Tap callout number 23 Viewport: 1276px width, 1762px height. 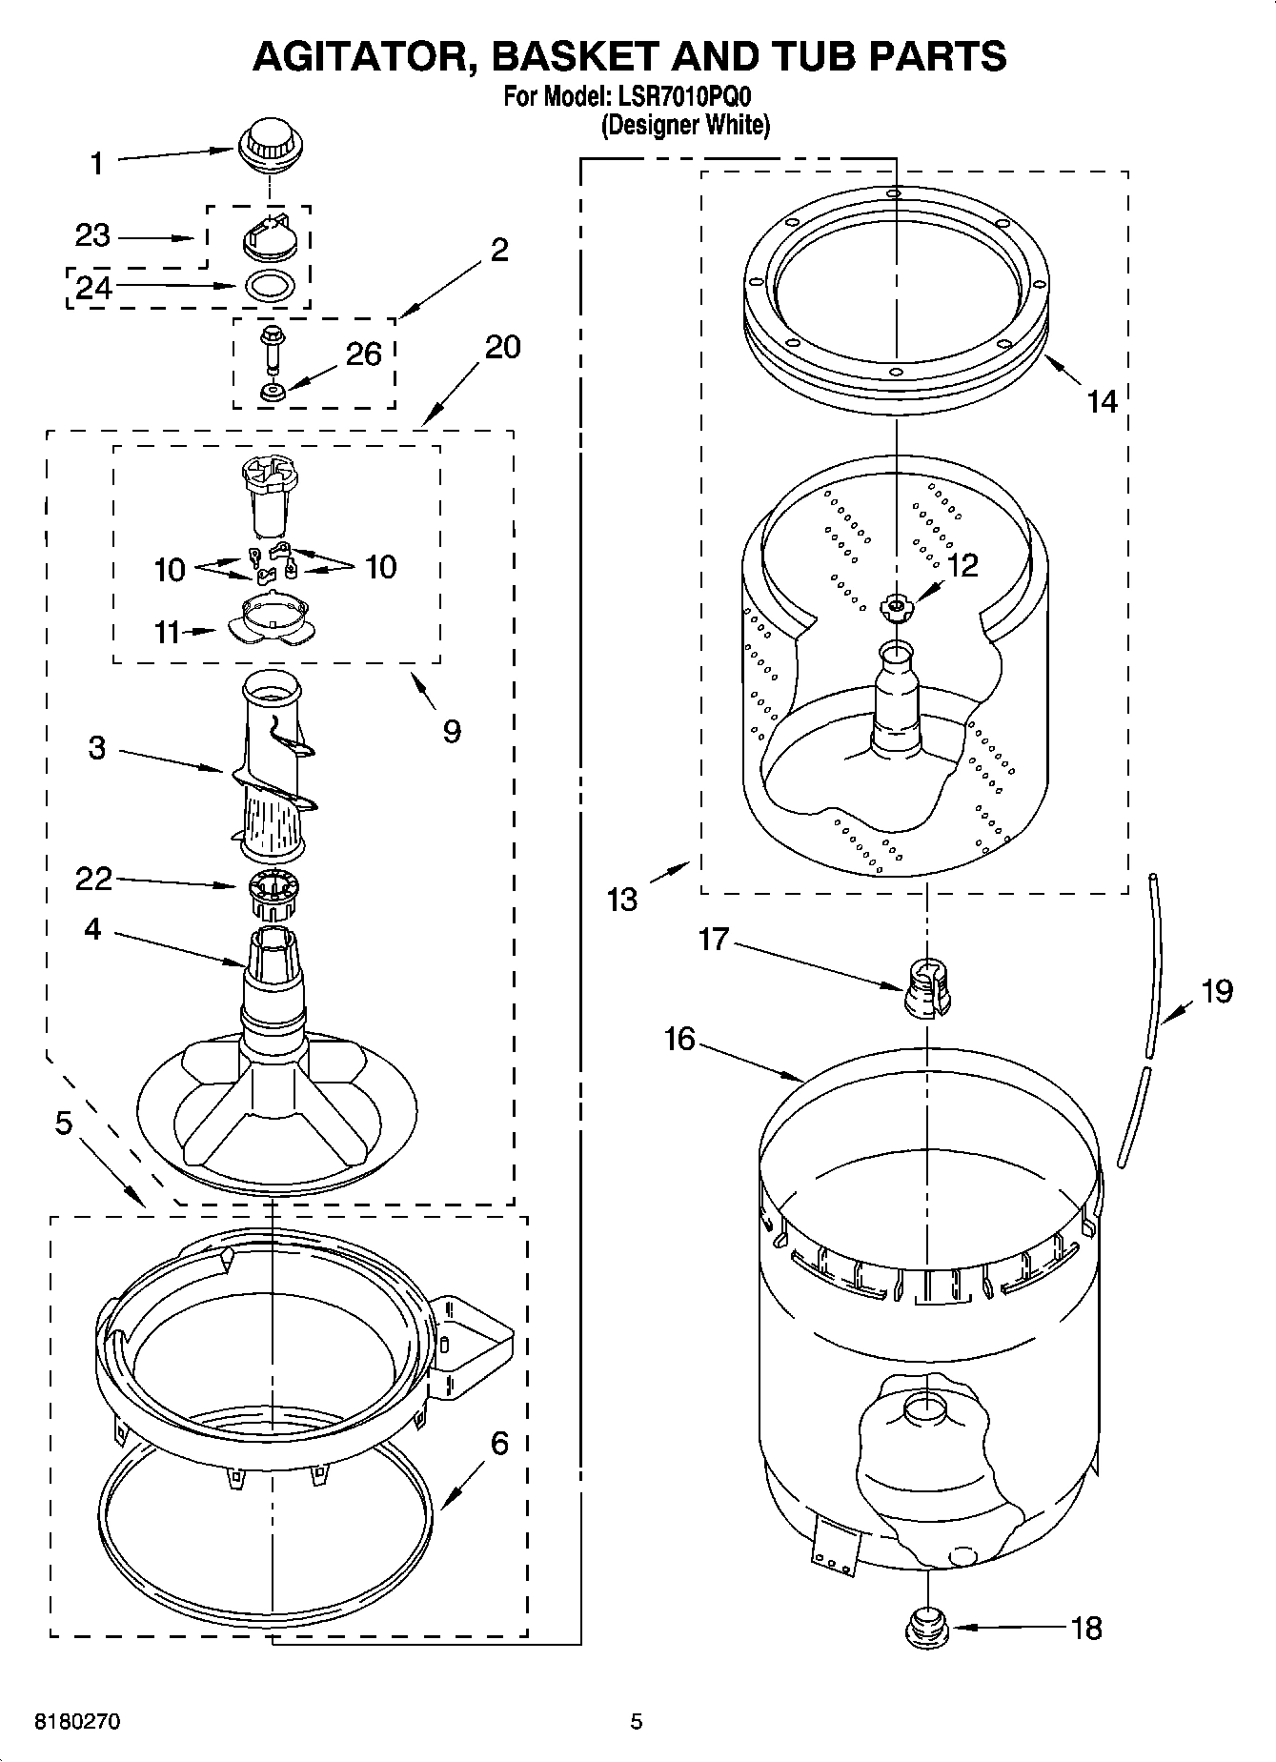(x=92, y=235)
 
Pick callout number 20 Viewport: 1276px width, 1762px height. (x=502, y=347)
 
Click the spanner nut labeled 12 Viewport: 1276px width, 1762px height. (x=896, y=605)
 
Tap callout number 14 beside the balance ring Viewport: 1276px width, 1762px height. (x=1102, y=401)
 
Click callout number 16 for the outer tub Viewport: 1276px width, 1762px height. (x=679, y=1038)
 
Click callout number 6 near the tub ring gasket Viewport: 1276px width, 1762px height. (x=499, y=1444)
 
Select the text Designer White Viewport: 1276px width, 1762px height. (x=685, y=125)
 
